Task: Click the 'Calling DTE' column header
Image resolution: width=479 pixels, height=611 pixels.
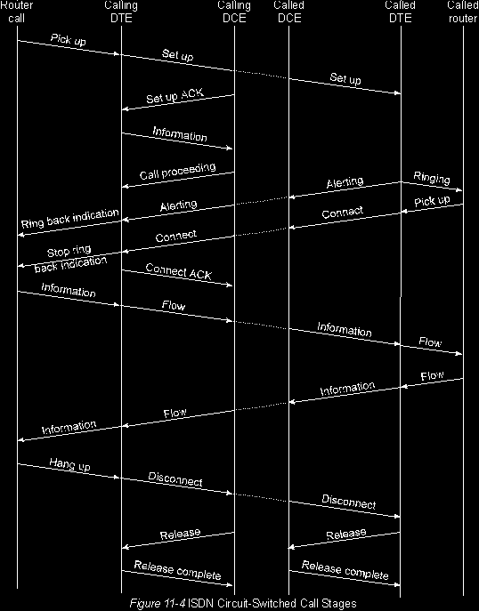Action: point(121,12)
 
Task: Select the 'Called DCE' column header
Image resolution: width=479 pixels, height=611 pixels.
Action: point(289,12)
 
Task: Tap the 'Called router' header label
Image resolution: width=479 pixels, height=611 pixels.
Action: point(463,12)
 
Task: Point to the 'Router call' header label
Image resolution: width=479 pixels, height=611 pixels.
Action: point(16,12)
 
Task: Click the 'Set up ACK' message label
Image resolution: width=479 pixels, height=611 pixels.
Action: point(175,95)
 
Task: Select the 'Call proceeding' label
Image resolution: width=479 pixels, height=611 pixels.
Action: point(177,171)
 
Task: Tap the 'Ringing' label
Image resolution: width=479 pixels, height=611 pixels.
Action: point(432,178)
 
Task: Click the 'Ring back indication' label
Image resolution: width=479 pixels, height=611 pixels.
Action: point(69,218)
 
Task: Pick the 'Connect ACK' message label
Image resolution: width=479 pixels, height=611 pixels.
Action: point(179,271)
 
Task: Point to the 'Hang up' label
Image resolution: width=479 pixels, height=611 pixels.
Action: point(69,464)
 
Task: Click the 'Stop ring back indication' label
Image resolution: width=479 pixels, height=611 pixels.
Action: point(70,258)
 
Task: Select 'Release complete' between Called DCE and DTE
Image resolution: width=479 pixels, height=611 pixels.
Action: point(345,570)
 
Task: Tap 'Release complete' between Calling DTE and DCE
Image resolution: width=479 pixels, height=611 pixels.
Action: point(177,570)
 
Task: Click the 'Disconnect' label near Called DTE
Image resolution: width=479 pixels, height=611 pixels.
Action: point(349,502)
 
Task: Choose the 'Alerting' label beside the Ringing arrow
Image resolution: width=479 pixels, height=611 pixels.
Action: point(345,182)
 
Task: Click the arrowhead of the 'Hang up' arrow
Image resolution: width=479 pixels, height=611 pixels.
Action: point(117,478)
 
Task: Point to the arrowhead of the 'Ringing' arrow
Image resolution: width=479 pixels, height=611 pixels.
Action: point(460,190)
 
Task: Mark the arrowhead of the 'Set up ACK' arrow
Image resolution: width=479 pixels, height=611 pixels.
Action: point(125,109)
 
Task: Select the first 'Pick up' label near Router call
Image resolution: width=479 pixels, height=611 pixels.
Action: point(69,39)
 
